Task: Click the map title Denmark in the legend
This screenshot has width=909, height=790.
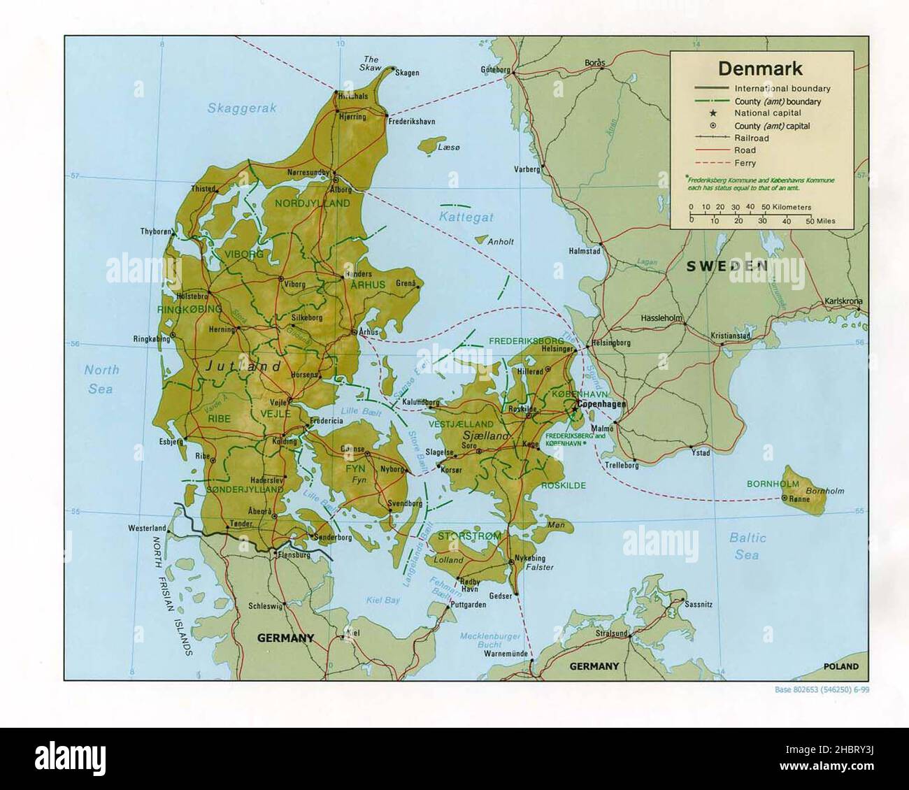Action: [x=759, y=69]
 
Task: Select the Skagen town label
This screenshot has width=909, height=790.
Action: [x=406, y=72]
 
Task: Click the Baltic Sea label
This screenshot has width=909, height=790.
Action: [x=747, y=546]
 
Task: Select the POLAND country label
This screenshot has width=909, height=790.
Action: [x=840, y=667]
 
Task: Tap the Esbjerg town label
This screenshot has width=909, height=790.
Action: [x=171, y=441]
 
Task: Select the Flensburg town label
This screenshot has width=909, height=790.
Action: [x=294, y=555]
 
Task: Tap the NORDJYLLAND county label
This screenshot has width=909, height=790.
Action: [x=312, y=203]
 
